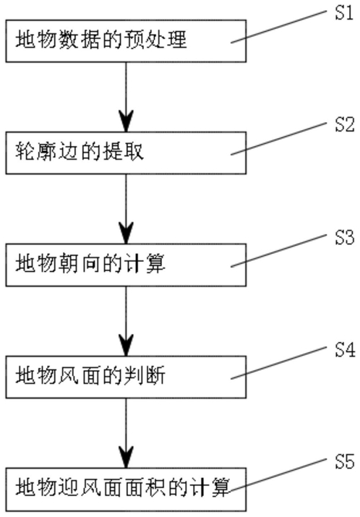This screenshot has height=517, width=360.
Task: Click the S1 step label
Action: (x=344, y=13)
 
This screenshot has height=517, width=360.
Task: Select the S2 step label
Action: (x=345, y=125)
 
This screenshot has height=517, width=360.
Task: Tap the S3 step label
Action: (x=345, y=238)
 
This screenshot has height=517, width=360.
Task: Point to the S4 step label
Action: (x=345, y=350)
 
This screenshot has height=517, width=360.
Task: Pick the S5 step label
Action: (x=345, y=462)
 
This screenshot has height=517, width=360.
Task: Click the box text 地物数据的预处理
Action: (x=101, y=40)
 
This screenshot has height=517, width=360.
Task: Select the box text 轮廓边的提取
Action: (x=80, y=152)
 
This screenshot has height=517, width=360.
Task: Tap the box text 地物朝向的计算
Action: (x=90, y=264)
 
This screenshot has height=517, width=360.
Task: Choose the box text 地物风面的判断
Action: (x=90, y=376)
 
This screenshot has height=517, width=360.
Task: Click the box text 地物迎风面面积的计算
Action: (x=122, y=488)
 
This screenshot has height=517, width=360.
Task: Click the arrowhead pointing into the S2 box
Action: (x=126, y=121)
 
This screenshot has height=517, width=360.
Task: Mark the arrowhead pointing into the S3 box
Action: (x=126, y=233)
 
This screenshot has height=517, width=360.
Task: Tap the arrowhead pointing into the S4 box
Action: (x=126, y=345)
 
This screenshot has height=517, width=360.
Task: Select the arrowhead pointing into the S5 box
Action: (x=126, y=457)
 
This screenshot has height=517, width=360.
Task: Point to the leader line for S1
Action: (x=278, y=27)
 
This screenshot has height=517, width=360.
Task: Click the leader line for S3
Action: (x=278, y=251)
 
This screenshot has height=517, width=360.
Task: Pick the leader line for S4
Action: (x=278, y=363)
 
